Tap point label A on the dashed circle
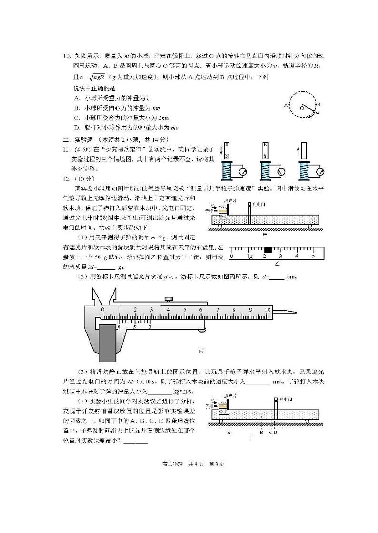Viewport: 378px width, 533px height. click(286, 105)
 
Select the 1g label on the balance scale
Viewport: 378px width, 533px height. click(249, 256)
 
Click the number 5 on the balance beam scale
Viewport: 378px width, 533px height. click(313, 256)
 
